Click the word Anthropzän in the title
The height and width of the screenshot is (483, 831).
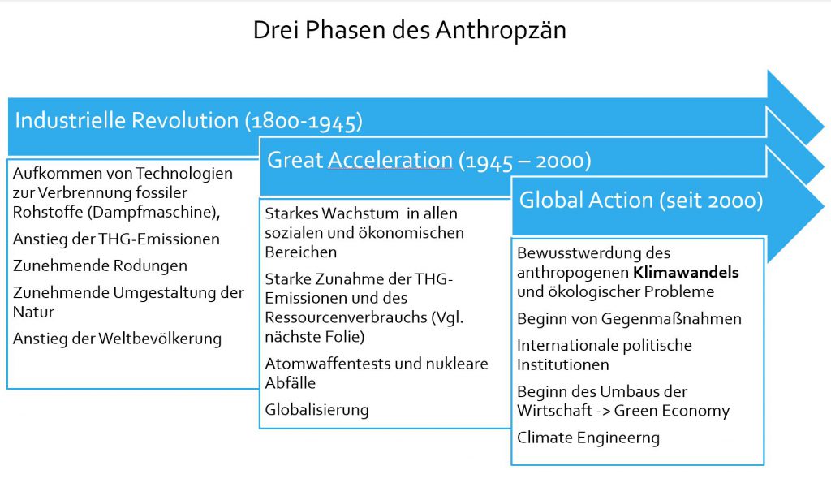501,30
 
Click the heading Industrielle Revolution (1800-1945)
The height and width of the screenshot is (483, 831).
188,121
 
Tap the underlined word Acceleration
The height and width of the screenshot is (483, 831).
390,160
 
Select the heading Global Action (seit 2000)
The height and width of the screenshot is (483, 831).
641,201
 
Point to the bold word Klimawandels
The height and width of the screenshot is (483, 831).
686,272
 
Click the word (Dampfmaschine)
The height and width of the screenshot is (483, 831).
152,212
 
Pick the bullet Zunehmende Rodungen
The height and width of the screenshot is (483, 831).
100,265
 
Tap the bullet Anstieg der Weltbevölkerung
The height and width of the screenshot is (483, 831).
117,339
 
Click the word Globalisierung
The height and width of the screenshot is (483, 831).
317,410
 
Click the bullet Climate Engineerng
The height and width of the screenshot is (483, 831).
588,438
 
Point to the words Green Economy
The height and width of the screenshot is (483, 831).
671,411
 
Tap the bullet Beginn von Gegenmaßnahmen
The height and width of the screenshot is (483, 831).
629,319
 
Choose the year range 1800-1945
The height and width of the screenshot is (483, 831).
304,122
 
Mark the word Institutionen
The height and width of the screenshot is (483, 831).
563,364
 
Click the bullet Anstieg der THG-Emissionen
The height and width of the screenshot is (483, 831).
116,239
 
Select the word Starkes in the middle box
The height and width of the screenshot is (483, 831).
291,213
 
